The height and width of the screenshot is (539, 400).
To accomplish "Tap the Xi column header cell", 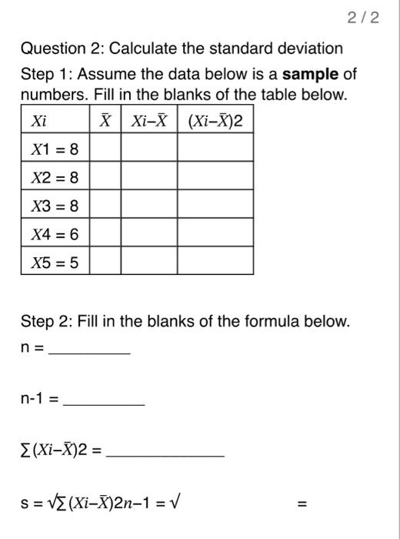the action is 55,121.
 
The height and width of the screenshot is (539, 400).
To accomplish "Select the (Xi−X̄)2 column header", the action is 215,121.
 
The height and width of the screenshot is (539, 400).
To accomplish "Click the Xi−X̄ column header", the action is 149,121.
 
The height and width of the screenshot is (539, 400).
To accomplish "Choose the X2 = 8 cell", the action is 55,178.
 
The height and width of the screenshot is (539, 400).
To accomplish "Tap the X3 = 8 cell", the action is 55,206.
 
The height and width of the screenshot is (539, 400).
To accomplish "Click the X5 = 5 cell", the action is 55,262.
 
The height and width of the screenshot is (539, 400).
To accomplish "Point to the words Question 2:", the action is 62,49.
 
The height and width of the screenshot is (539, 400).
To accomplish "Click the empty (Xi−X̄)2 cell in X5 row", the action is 215,262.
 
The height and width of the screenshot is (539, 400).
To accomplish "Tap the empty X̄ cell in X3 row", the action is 105,206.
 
